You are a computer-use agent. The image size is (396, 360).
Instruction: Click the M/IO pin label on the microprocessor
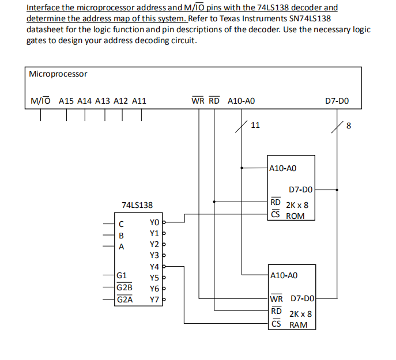(x=40, y=101)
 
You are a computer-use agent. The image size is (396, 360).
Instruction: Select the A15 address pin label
(x=67, y=101)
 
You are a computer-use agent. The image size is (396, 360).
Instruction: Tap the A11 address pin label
(x=139, y=101)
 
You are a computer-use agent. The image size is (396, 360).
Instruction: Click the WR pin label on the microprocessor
(x=197, y=101)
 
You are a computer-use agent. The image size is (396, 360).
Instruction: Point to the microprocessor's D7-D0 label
(x=336, y=101)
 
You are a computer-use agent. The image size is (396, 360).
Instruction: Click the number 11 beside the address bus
(x=256, y=125)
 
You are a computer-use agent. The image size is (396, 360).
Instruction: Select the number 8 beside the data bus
(x=348, y=126)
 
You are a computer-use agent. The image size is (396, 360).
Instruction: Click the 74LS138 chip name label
(x=137, y=205)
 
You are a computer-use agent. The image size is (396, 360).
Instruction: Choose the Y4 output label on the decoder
(x=154, y=267)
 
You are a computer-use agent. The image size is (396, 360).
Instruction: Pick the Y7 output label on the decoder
(x=154, y=300)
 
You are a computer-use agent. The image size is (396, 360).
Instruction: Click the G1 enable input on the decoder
(x=122, y=276)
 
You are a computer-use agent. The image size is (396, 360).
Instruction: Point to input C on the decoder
(x=121, y=223)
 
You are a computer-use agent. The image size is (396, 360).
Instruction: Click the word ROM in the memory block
(x=295, y=216)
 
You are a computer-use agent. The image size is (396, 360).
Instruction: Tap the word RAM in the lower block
(x=298, y=325)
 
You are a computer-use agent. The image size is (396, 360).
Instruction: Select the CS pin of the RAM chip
(x=276, y=324)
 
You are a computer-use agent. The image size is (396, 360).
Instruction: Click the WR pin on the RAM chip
(x=277, y=299)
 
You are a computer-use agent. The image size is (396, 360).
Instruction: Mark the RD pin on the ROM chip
(x=276, y=202)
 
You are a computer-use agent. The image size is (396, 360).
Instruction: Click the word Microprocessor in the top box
(x=58, y=74)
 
